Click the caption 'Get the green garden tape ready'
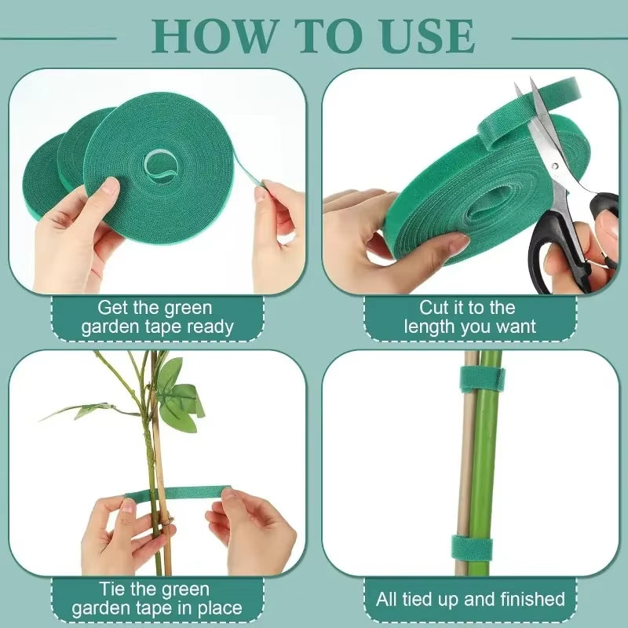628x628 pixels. pos(157,317)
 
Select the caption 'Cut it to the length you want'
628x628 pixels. pos(470,317)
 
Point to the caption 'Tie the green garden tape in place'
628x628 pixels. pos(157,598)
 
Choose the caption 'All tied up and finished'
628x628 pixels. pos(470,599)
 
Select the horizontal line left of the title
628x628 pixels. pos(59,37)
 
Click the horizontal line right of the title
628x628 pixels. pos(568,37)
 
